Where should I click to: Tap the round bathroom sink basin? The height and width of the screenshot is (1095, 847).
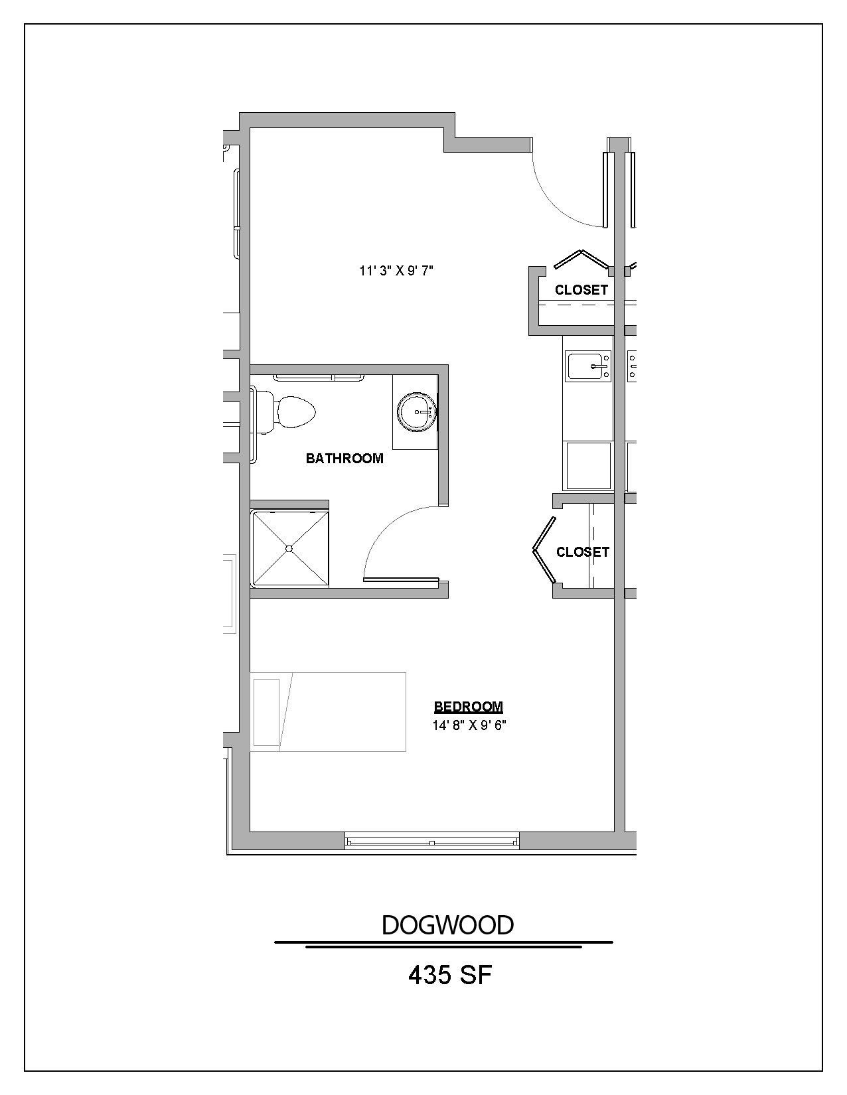point(416,411)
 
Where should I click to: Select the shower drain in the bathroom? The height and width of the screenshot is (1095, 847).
point(289,548)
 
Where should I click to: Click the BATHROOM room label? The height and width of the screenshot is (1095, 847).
point(345,458)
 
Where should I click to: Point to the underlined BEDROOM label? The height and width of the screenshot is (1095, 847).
point(468,707)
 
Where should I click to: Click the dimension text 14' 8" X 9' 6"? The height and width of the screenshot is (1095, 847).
point(469,725)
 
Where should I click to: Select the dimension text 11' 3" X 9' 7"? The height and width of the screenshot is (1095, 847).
point(396,271)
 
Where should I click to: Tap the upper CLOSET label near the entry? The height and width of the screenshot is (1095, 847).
point(581,290)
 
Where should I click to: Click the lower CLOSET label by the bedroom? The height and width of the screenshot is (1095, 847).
point(582,552)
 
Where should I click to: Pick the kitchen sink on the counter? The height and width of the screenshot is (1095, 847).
point(588,366)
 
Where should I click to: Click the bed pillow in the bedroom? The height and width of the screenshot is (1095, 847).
point(266,712)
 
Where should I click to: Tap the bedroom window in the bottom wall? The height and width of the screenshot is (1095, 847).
point(431,842)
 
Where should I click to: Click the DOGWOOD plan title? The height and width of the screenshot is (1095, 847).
point(447,925)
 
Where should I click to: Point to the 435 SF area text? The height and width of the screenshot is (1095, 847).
point(449,975)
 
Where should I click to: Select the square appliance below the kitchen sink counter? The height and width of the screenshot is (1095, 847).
point(587,465)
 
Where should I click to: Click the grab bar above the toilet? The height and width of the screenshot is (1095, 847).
point(319,378)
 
